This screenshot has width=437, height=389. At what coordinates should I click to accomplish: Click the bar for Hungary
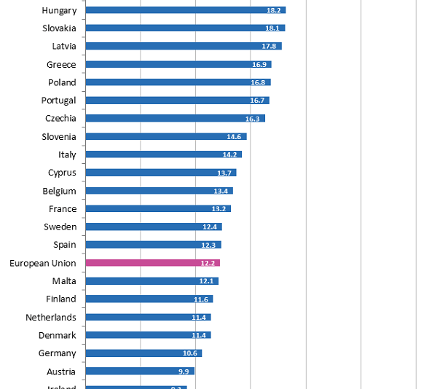coord(185,10)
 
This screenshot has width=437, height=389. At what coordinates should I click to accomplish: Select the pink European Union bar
coord(152,263)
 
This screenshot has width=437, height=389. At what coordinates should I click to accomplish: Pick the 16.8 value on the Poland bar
coord(258,82)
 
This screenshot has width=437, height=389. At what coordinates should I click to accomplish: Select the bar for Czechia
coord(175,119)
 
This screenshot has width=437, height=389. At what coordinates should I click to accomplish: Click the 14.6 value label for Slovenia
coord(234,137)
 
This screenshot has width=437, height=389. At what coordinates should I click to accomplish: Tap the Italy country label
coord(67,154)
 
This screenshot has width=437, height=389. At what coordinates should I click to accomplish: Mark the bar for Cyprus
coord(160,173)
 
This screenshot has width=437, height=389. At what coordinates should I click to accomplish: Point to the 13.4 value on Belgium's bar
coord(221,191)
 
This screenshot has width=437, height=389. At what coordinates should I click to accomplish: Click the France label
coord(63,209)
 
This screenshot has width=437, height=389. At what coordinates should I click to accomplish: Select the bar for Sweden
coord(153,227)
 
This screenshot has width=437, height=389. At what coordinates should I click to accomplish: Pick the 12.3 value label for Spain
coord(209,245)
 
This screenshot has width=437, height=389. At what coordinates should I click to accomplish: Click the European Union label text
coord(43,263)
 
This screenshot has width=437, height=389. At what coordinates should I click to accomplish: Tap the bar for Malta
coord(151,281)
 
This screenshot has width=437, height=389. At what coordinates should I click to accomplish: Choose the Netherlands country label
coord(51,318)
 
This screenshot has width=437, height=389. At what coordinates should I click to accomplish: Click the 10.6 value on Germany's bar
coord(190,353)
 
